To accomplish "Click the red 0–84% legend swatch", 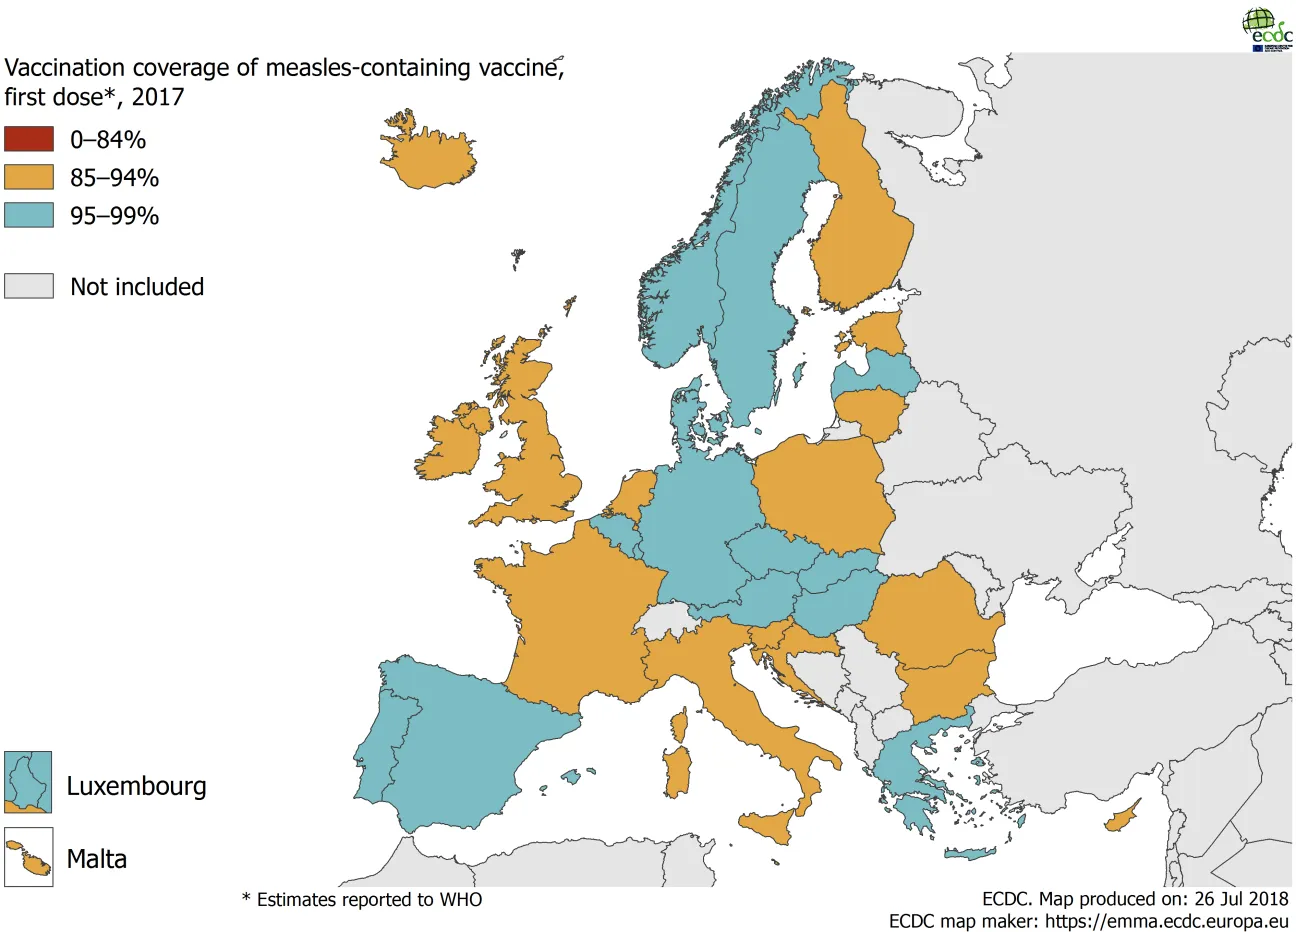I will (x=28, y=139).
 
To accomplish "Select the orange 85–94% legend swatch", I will (x=28, y=177).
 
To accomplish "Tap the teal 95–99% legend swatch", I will (x=28, y=215).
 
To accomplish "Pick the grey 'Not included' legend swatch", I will (x=28, y=286).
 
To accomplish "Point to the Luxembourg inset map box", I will (x=28, y=782).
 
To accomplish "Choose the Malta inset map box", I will (x=28, y=857).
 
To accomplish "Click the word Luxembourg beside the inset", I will (x=137, y=786).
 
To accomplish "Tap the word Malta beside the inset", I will (x=97, y=859).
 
